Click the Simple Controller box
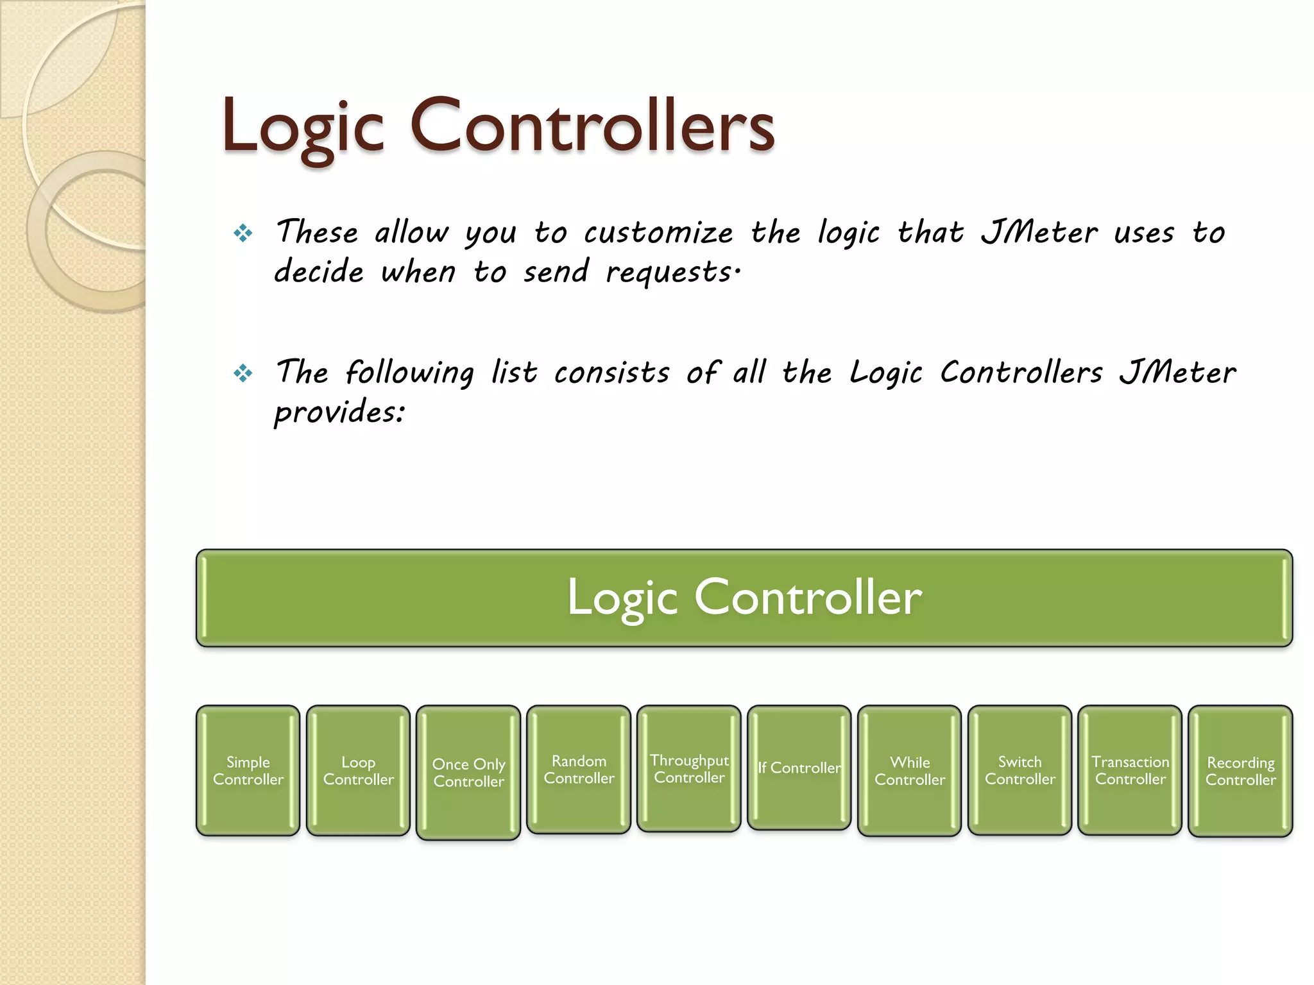tap(248, 770)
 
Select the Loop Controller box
tap(358, 770)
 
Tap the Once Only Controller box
tap(468, 772)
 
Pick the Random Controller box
tap(579, 769)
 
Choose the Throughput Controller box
tap(689, 768)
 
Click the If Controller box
tap(799, 768)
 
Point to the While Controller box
tap(910, 770)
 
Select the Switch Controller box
tap(1020, 770)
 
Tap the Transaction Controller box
tap(1131, 770)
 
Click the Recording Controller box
tap(1241, 771)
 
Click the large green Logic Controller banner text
tap(744, 597)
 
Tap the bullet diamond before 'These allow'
tap(243, 233)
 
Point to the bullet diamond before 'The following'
tap(243, 373)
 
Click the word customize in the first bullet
tap(658, 233)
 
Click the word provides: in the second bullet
tap(339, 412)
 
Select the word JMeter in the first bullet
tap(1039, 232)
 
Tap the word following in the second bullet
tap(409, 373)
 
